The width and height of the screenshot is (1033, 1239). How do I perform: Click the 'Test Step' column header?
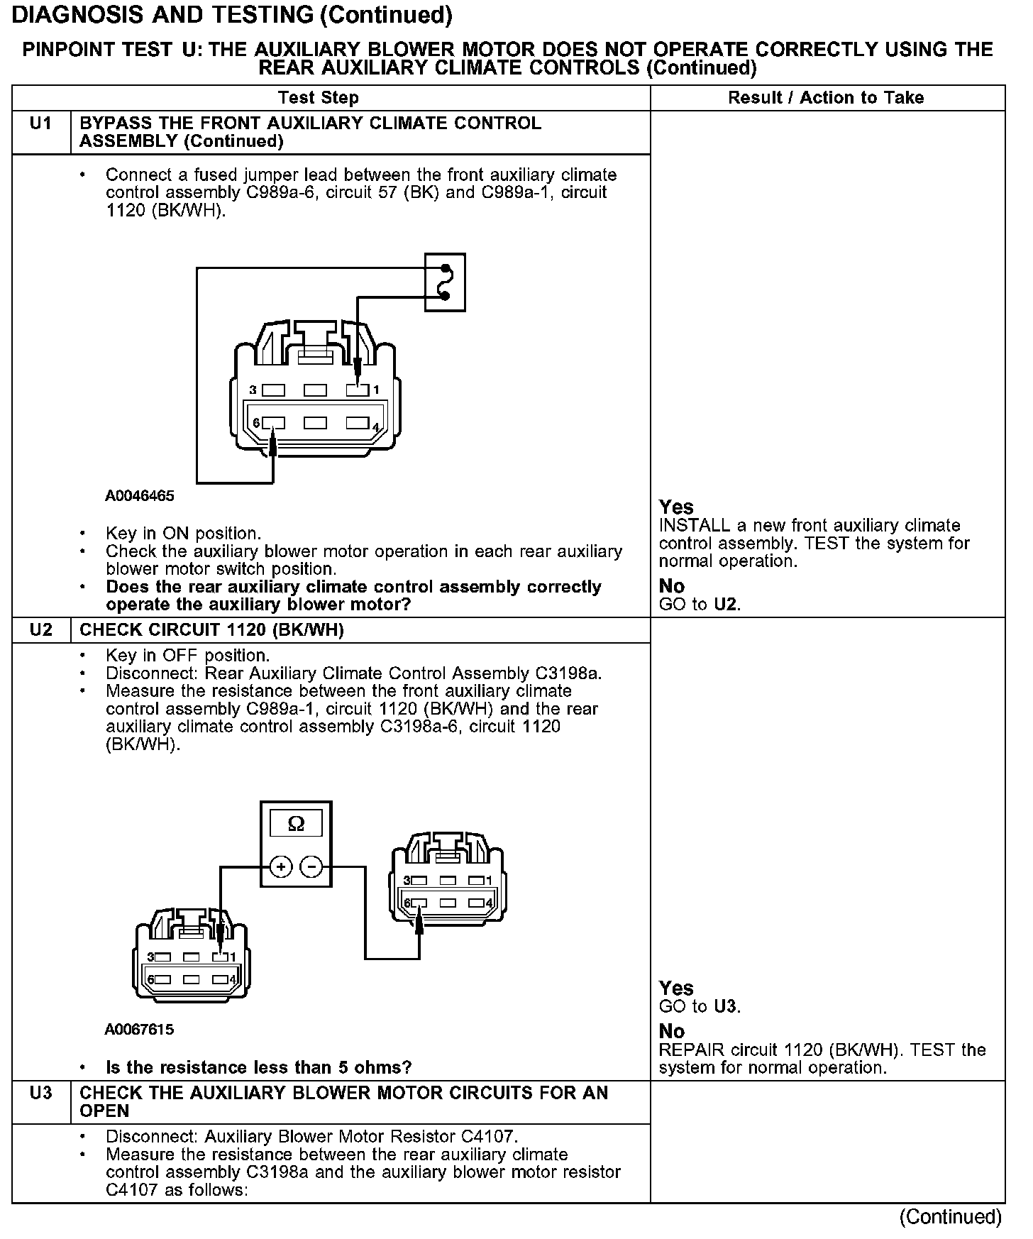tap(318, 98)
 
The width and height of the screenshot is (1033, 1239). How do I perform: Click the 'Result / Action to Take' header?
tap(826, 98)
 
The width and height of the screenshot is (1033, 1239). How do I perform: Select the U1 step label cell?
tap(41, 124)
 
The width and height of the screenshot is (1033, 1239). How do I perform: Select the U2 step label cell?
tap(41, 630)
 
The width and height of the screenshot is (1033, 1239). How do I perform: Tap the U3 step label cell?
tap(41, 1093)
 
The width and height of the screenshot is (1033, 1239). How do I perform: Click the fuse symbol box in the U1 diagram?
tap(445, 282)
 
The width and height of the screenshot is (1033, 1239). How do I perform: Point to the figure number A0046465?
tap(140, 496)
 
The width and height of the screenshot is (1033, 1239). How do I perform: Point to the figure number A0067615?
tap(139, 1029)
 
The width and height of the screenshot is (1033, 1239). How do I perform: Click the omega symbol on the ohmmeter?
tap(297, 823)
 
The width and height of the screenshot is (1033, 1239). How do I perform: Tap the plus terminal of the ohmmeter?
tap(281, 866)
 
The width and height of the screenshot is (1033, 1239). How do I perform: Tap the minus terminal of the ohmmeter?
tap(311, 866)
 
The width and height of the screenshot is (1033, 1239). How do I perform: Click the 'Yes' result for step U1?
tap(676, 507)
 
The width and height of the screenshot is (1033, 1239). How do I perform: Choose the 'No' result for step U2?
tap(672, 1031)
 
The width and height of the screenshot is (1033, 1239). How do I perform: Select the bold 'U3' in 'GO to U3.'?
tap(725, 1006)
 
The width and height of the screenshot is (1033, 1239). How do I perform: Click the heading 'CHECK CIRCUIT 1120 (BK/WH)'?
tap(211, 630)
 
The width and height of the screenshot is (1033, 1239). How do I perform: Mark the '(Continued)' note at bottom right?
tap(950, 1217)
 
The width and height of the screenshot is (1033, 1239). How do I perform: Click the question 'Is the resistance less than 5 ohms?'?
tap(259, 1067)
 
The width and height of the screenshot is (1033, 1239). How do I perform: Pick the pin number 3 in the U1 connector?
tap(253, 390)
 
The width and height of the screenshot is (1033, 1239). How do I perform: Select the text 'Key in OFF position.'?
tap(187, 656)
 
